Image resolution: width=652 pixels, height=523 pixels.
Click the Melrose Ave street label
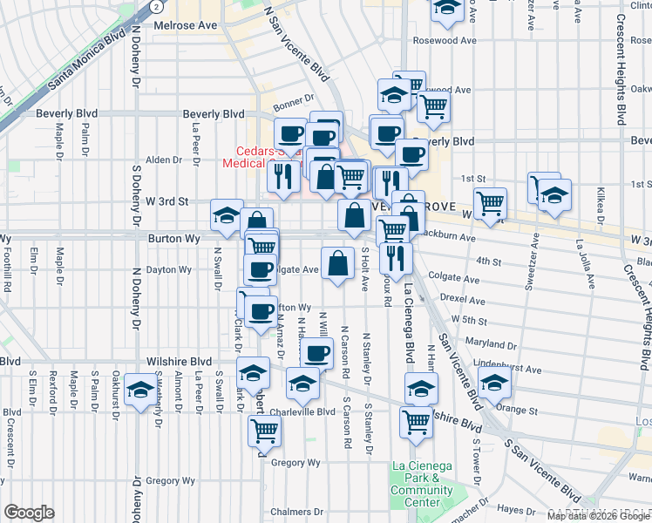[185, 25]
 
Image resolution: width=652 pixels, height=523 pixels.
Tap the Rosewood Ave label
[445, 40]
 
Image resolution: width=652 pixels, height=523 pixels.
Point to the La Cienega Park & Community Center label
[422, 483]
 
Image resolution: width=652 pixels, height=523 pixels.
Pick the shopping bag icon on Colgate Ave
[337, 263]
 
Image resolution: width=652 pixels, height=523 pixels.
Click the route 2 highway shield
[155, 5]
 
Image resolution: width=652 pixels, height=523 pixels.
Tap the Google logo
[29, 513]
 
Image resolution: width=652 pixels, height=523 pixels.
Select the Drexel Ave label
[461, 298]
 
